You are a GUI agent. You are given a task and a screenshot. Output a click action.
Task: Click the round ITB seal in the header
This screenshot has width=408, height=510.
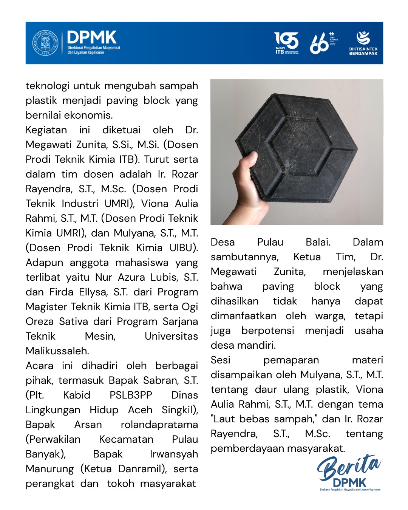tap(45, 43)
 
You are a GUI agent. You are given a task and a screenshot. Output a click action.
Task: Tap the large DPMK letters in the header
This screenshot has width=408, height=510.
tap(92, 37)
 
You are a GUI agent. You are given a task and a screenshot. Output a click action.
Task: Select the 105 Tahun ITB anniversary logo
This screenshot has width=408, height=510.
tap(286, 43)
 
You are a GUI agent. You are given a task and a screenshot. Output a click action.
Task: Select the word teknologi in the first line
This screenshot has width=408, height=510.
tap(48, 86)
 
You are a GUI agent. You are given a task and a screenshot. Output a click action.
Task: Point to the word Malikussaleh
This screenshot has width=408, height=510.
tap(57, 351)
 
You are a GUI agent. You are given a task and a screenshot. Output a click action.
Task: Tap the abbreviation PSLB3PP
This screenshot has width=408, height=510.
tap(131, 395)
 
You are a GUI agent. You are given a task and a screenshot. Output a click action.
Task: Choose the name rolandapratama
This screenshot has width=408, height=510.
tap(159, 425)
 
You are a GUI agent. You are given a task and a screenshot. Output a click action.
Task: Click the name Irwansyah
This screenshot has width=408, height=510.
tap(174, 454)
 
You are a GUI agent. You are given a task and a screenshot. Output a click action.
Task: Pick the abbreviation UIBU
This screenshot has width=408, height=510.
tap(183, 248)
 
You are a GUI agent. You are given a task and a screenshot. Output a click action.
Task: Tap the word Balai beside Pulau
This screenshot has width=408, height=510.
tap(318, 242)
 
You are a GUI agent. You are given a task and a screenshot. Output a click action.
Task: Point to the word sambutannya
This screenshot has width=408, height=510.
tap(244, 257)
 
